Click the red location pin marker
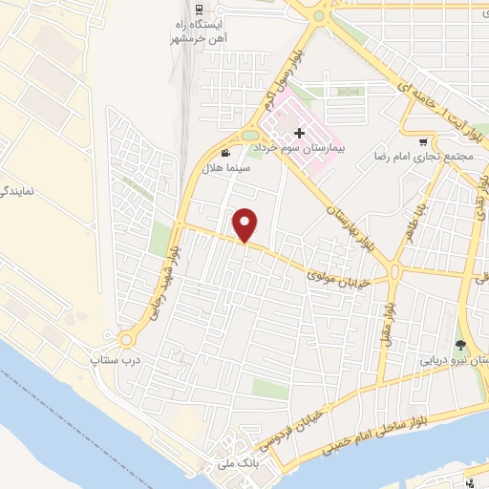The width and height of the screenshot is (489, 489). [246, 223]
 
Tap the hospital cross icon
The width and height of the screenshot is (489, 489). [300, 133]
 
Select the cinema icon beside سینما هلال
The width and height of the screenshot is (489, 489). [225, 153]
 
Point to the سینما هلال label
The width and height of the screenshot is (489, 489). [225, 167]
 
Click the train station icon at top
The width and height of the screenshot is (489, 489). [198, 10]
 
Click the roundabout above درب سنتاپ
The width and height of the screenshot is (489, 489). [126, 339]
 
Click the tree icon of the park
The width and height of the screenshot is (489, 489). [462, 344]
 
